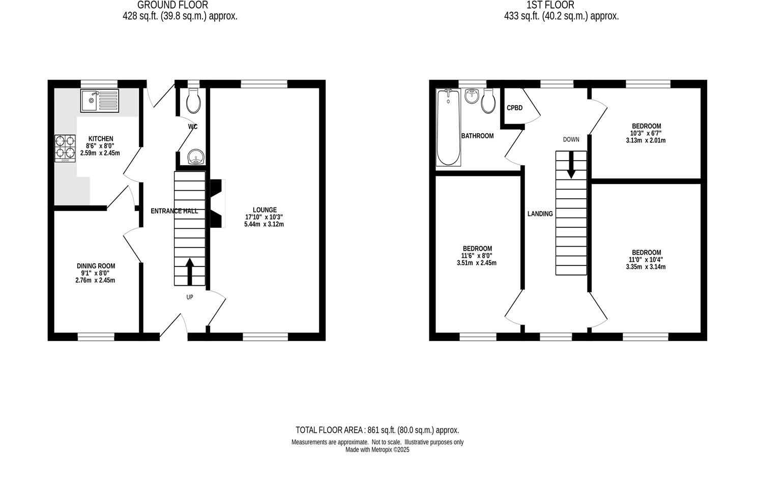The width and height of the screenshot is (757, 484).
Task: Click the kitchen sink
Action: (99, 101)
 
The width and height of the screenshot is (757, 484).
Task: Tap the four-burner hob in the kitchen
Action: (65, 147)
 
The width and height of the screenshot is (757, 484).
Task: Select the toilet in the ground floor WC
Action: (193, 101)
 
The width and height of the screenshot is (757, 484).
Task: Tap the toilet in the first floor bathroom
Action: (488, 101)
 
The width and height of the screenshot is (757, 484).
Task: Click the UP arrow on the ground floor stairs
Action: (190, 271)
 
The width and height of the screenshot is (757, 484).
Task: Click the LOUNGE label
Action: (265, 210)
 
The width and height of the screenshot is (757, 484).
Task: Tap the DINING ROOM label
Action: (96, 266)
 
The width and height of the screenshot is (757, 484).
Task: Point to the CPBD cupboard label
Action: (514, 108)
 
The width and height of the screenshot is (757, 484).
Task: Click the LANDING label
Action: (540, 214)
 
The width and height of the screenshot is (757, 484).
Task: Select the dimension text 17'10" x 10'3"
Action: (264, 217)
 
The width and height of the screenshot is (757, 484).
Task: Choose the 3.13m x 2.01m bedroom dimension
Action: (646, 141)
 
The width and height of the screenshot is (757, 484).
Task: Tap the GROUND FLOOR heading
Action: (172, 5)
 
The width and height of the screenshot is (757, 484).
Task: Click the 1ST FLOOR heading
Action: (550, 5)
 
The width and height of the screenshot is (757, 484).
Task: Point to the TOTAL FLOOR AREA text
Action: (377, 430)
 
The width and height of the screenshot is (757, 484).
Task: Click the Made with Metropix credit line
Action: (377, 450)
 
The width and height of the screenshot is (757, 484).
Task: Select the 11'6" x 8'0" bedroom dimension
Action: (477, 256)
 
